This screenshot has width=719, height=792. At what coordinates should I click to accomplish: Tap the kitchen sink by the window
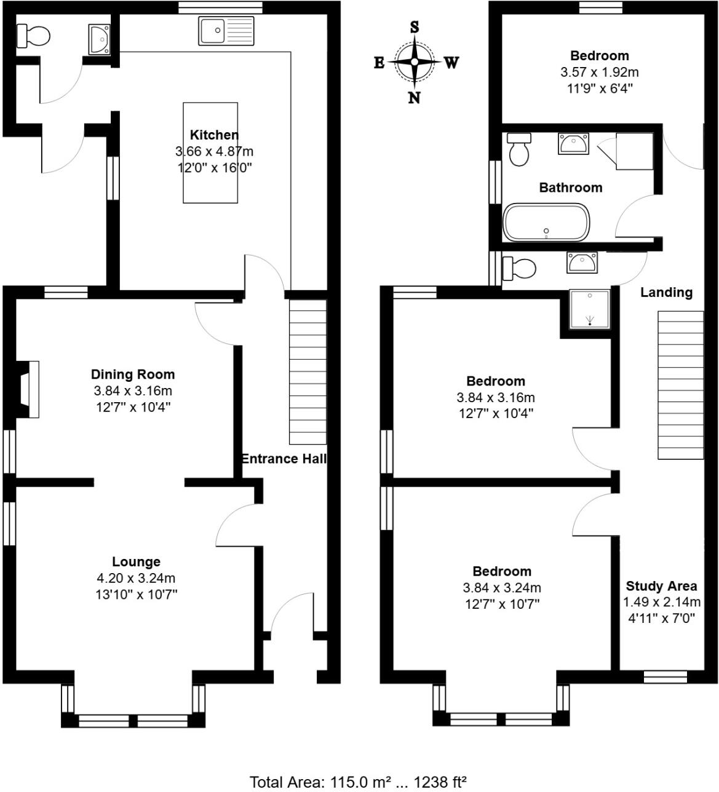[x=226, y=31]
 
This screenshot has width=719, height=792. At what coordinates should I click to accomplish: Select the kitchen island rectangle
[x=210, y=152]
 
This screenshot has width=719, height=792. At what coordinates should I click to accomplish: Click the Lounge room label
[x=136, y=561]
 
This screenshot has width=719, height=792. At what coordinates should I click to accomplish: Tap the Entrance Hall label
[x=284, y=459]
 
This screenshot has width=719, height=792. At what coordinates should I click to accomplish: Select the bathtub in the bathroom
[x=546, y=222]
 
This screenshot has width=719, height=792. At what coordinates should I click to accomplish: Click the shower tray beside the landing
[x=590, y=308]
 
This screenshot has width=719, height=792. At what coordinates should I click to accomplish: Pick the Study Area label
[x=661, y=586]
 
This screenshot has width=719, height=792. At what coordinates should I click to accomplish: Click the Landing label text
[x=666, y=293]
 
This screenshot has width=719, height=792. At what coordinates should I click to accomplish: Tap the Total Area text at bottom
[x=357, y=782]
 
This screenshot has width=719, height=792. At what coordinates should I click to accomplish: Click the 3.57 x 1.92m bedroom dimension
[x=599, y=72]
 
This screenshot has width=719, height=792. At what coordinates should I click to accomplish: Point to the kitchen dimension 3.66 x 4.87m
[x=215, y=151]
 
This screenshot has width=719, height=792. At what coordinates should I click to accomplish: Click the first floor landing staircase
[x=681, y=385]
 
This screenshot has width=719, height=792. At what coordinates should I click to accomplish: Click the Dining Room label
[x=133, y=374]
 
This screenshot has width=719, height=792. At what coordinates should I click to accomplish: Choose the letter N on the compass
[x=415, y=97]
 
